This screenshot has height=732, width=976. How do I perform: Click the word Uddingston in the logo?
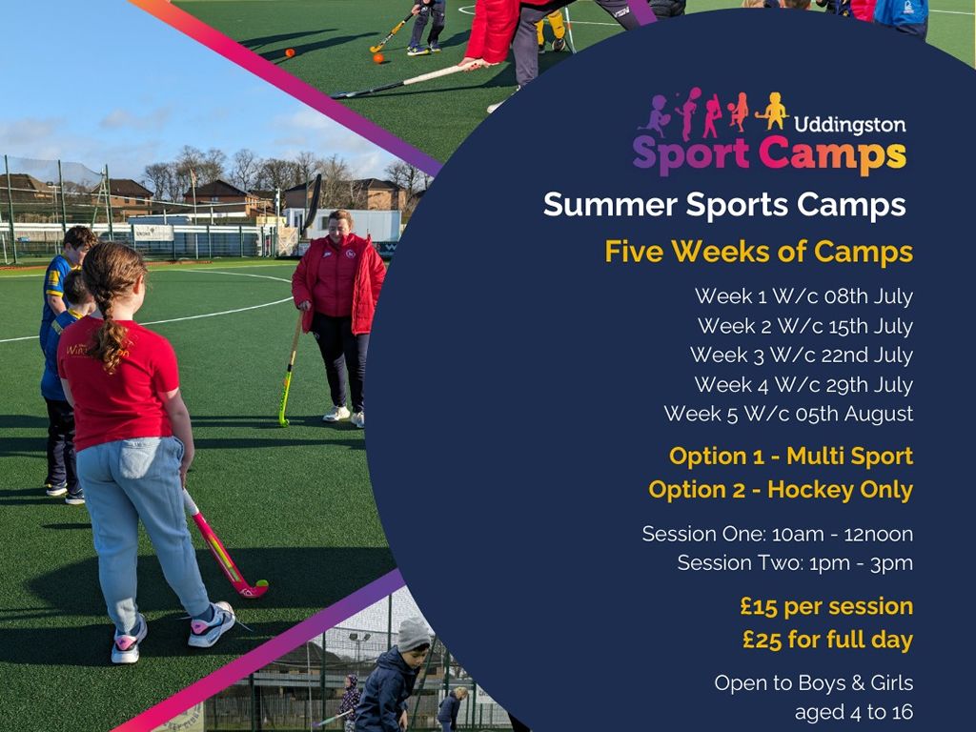[849, 125]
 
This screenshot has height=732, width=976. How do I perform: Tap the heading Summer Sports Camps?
[724, 205]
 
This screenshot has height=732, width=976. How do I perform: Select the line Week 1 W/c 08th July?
[803, 296]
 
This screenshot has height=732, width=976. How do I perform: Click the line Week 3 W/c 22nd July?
[802, 355]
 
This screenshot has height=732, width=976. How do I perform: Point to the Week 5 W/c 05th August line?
[788, 414]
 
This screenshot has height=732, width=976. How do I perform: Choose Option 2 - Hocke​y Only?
[781, 490]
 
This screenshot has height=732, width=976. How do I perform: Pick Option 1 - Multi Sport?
[791, 457]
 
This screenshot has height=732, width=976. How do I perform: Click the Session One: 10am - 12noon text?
[778, 534]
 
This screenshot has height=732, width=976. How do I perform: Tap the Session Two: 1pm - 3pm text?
[795, 563]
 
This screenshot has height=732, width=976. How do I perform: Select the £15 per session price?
[826, 606]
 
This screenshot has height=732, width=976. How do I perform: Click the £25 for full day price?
[828, 640]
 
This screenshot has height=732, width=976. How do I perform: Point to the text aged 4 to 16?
[854, 711]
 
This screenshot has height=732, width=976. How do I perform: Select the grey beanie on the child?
[414, 634]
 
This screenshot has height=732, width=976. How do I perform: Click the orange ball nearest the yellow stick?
[378, 58]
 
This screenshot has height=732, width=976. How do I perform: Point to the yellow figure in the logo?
[774, 111]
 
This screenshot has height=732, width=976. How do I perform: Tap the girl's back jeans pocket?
[137, 457]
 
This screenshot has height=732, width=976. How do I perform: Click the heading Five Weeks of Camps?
[759, 252]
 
